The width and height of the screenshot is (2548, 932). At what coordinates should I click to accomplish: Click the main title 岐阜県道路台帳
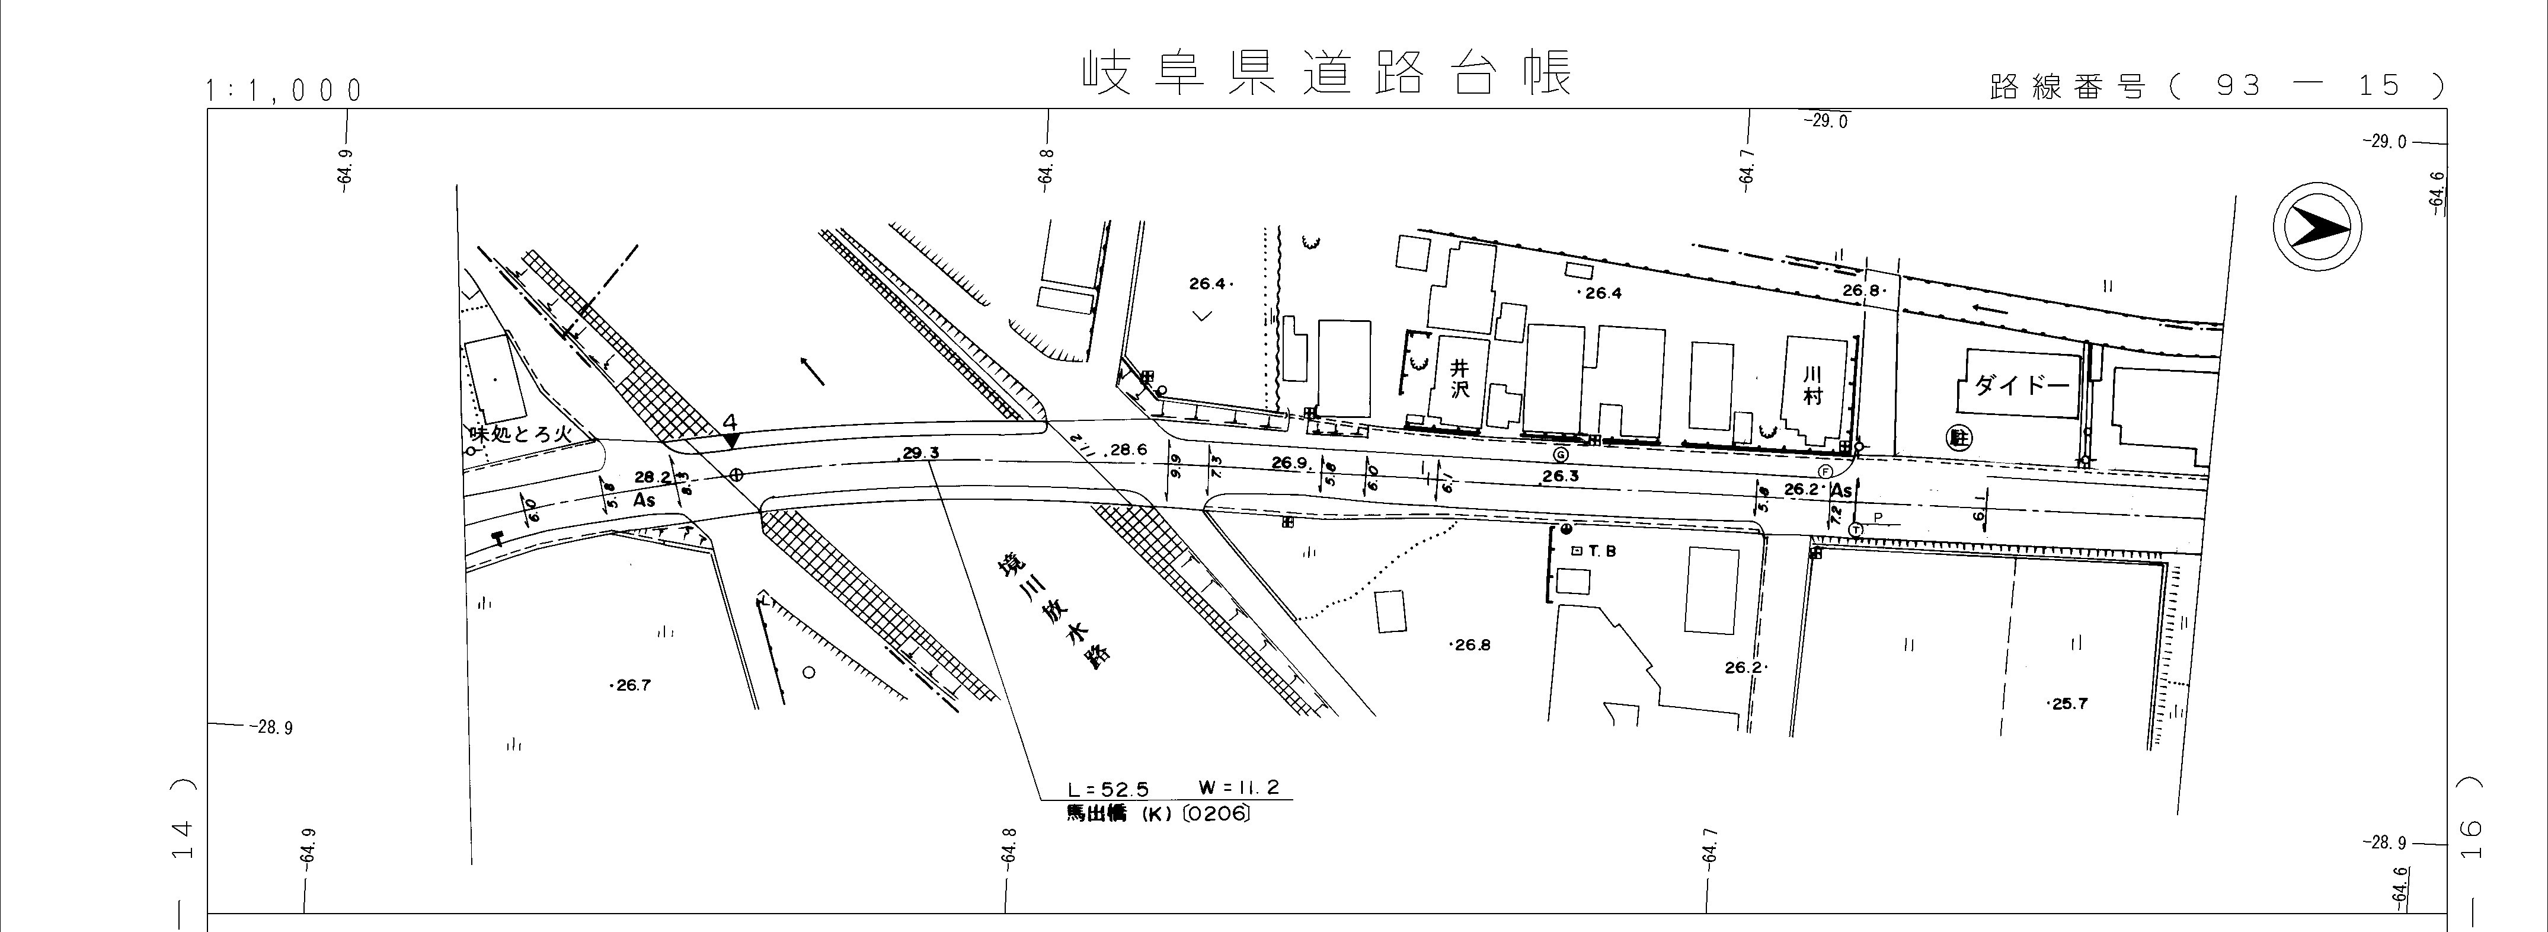click(x=1325, y=74)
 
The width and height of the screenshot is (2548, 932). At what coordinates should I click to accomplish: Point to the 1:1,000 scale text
click(x=284, y=91)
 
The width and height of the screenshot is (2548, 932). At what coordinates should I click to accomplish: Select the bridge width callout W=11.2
click(x=1238, y=787)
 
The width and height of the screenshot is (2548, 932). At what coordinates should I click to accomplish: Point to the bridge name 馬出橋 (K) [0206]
click(x=1158, y=814)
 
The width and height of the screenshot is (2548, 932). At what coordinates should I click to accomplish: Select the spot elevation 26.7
click(x=631, y=685)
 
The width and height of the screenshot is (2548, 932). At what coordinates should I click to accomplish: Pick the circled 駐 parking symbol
click(x=1955, y=435)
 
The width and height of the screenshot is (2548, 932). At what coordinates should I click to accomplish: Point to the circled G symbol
click(x=1560, y=455)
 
